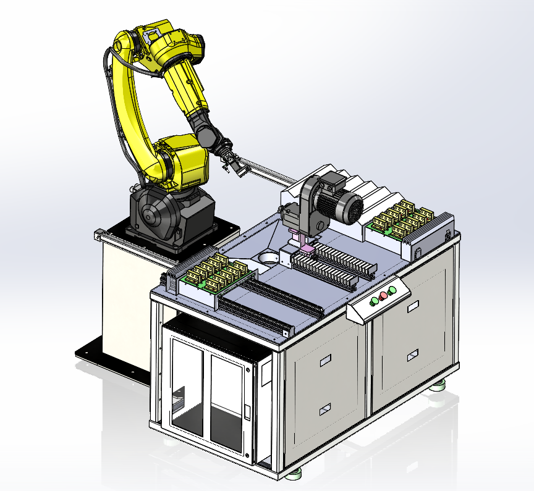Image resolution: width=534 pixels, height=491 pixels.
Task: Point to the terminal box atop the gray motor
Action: pyautogui.click(x=334, y=182)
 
